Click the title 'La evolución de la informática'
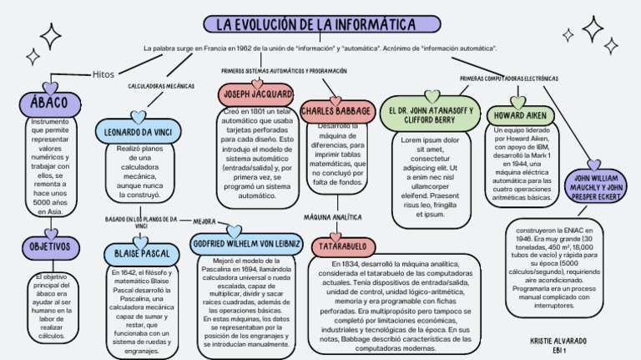click(x=320, y=26)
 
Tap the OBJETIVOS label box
click(x=50, y=247)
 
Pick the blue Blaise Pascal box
click(x=139, y=252)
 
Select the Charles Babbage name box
click(x=336, y=110)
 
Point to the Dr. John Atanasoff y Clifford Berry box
click(x=431, y=114)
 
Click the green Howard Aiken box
click(x=519, y=115)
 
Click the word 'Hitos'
click(x=103, y=74)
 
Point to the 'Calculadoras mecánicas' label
click(x=161, y=86)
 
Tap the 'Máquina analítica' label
click(x=332, y=216)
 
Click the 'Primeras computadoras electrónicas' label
click(x=509, y=79)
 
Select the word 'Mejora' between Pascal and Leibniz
click(x=204, y=222)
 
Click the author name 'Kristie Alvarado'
click(x=559, y=341)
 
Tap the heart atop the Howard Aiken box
click(x=518, y=102)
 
